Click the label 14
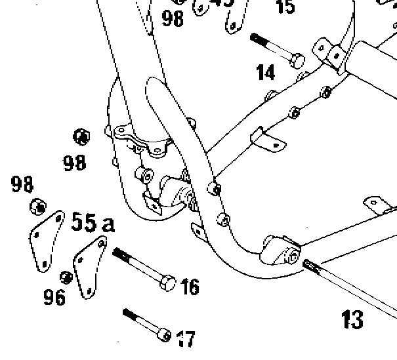[x=266, y=71]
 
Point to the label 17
[x=186, y=338]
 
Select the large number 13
[x=353, y=319]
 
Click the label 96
[x=55, y=297]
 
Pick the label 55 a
[x=92, y=223]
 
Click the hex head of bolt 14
[x=296, y=60]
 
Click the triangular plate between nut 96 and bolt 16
[x=87, y=266]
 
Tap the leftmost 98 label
[x=22, y=184]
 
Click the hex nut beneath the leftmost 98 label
[x=37, y=207]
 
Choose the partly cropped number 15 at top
[x=285, y=7]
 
